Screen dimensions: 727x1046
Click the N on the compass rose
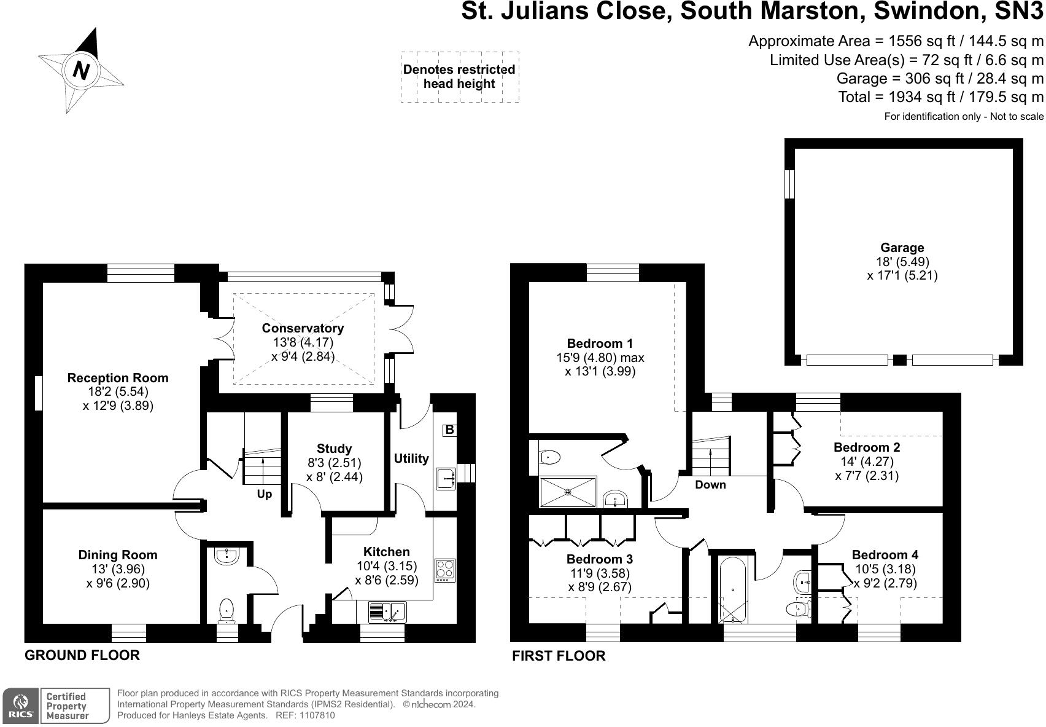point(81,69)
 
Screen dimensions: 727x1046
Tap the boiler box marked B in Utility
point(449,430)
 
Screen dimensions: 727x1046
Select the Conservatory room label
point(303,328)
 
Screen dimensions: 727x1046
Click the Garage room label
point(902,248)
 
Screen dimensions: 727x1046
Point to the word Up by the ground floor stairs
point(264,494)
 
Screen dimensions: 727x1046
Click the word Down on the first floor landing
point(710,485)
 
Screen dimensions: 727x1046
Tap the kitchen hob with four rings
point(444,570)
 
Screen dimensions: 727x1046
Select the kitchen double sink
point(387,611)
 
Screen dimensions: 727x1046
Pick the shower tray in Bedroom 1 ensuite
point(568,492)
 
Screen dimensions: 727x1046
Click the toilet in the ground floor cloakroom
point(226,610)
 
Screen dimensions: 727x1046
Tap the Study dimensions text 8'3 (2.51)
point(334,463)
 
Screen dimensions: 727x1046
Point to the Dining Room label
point(118,555)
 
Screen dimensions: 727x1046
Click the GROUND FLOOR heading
point(82,655)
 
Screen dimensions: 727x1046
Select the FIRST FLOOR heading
point(559,656)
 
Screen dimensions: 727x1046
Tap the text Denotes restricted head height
point(459,77)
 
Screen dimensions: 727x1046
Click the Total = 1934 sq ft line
point(940,97)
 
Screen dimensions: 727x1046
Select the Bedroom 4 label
point(885,555)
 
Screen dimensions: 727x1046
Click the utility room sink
point(446,478)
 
